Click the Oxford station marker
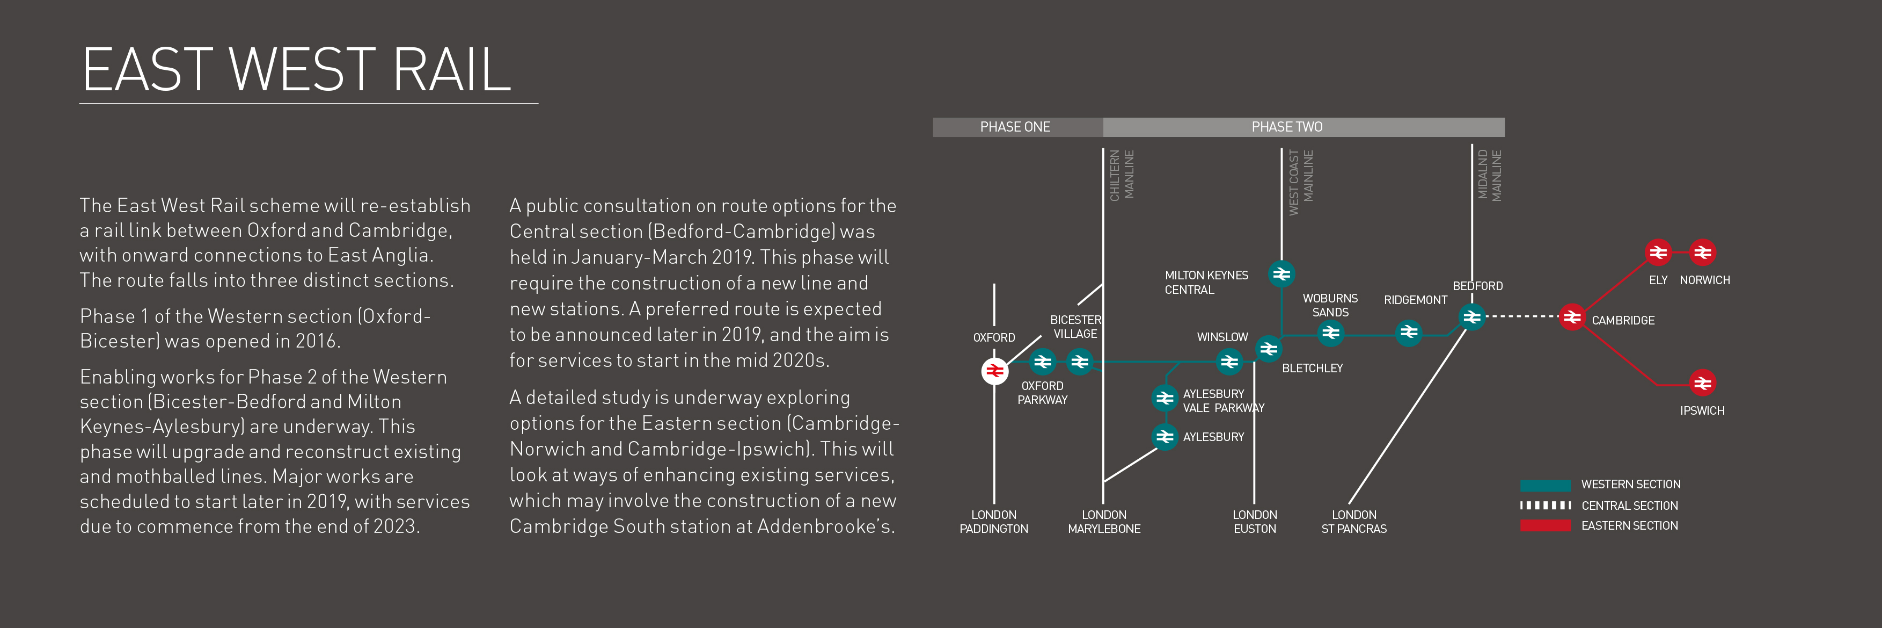coord(994,371)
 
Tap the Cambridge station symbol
coord(1571,317)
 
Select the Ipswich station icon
coord(1702,383)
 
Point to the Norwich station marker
coord(1702,253)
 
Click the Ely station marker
coord(1658,253)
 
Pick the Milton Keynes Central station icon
coord(1281,274)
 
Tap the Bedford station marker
coord(1471,317)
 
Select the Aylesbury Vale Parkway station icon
coord(1165,399)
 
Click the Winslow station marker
coord(1229,361)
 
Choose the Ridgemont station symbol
coord(1409,333)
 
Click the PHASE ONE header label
coord(1015,127)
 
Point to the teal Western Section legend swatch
coord(1545,485)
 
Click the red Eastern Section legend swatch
coord(1545,525)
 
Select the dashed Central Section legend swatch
coord(1545,505)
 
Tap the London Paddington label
coord(994,521)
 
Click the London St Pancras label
coord(1354,521)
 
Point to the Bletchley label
coord(1312,369)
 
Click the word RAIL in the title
coord(451,70)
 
